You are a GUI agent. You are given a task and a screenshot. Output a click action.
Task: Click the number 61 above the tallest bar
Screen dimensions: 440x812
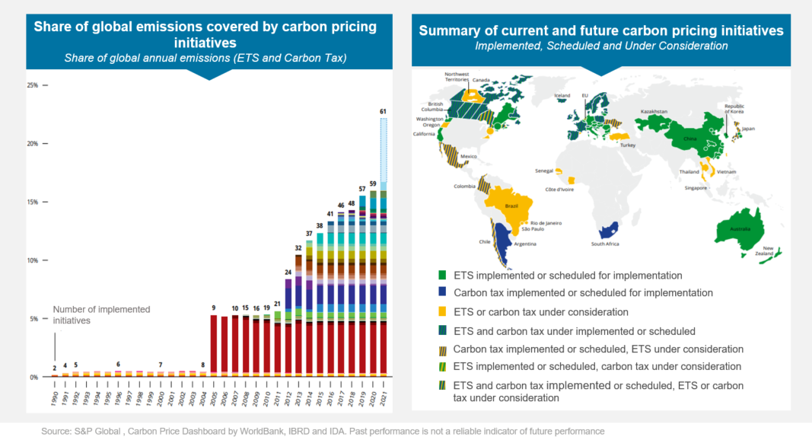pyautogui.click(x=384, y=111)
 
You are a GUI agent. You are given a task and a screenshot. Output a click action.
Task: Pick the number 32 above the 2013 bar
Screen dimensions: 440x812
pyautogui.click(x=298, y=248)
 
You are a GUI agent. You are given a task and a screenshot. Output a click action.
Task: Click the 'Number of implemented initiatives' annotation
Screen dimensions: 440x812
pyautogui.click(x=101, y=315)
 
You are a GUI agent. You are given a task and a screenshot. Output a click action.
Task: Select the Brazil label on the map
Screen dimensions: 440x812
pyautogui.click(x=512, y=206)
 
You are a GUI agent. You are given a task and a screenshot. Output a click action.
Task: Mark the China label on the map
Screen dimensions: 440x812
pyautogui.click(x=689, y=139)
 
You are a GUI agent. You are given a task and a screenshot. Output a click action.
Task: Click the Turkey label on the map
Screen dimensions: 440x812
pyautogui.click(x=629, y=145)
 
